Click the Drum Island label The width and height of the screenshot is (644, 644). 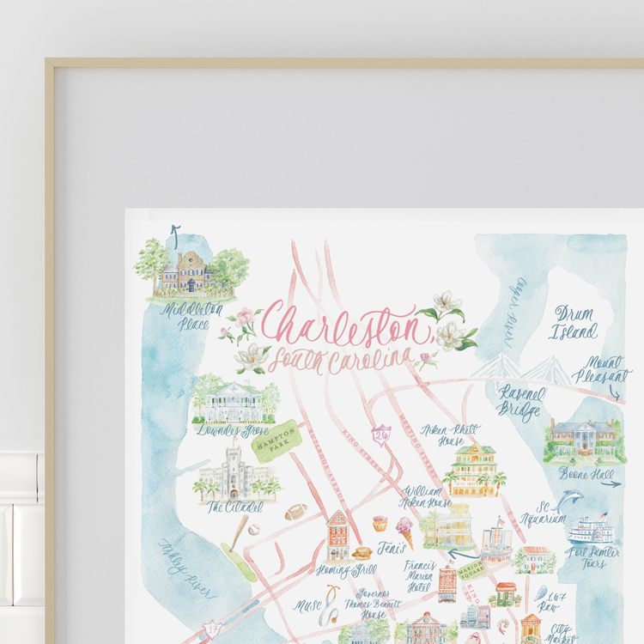pos(575,320)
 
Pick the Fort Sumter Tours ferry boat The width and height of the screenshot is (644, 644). pos(592,529)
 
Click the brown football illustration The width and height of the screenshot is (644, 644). pos(295,512)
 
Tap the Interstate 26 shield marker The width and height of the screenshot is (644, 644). pos(382,434)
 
